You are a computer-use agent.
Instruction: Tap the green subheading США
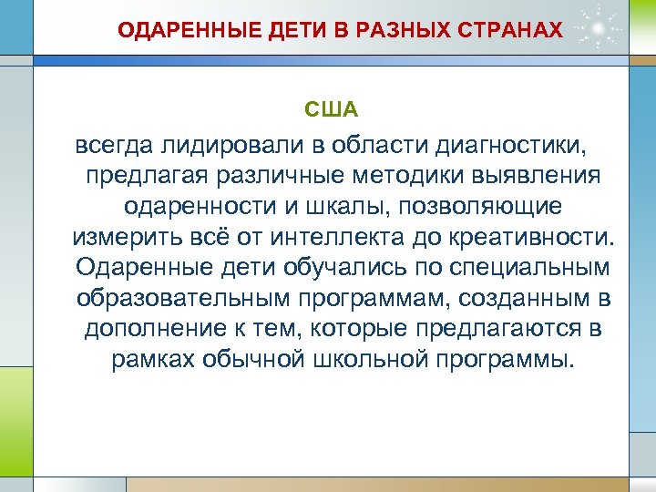[x=333, y=110]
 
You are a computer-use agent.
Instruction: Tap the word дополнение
[x=154, y=331]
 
